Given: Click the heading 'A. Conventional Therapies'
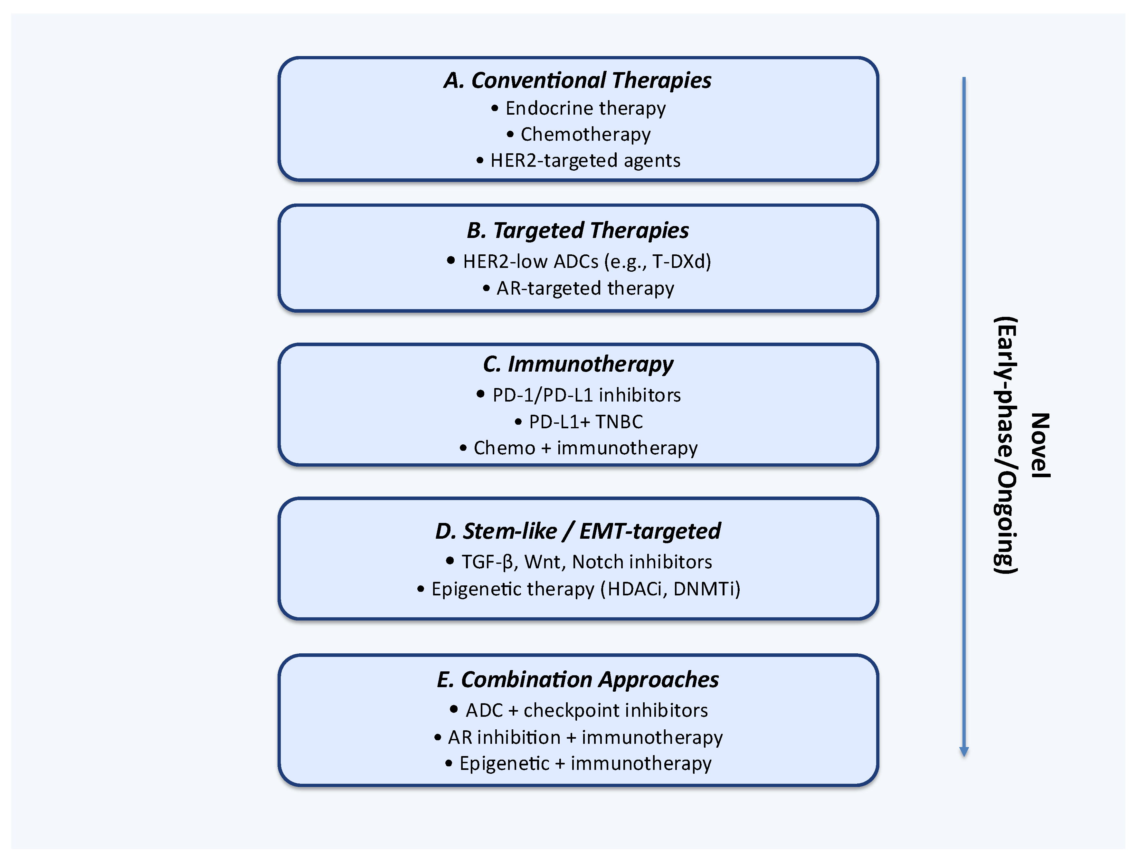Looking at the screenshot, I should [x=577, y=80].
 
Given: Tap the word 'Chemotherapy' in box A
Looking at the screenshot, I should [x=585, y=135].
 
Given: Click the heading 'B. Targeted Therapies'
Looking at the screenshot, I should [x=577, y=230].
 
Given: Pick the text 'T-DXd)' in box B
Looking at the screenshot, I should [x=682, y=262].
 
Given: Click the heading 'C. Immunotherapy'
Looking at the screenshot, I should [x=577, y=364].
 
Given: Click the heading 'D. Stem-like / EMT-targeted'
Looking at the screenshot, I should [x=577, y=531].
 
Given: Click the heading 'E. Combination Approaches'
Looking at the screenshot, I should [x=577, y=679].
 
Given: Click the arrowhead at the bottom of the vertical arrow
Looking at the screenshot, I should [x=964, y=752].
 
